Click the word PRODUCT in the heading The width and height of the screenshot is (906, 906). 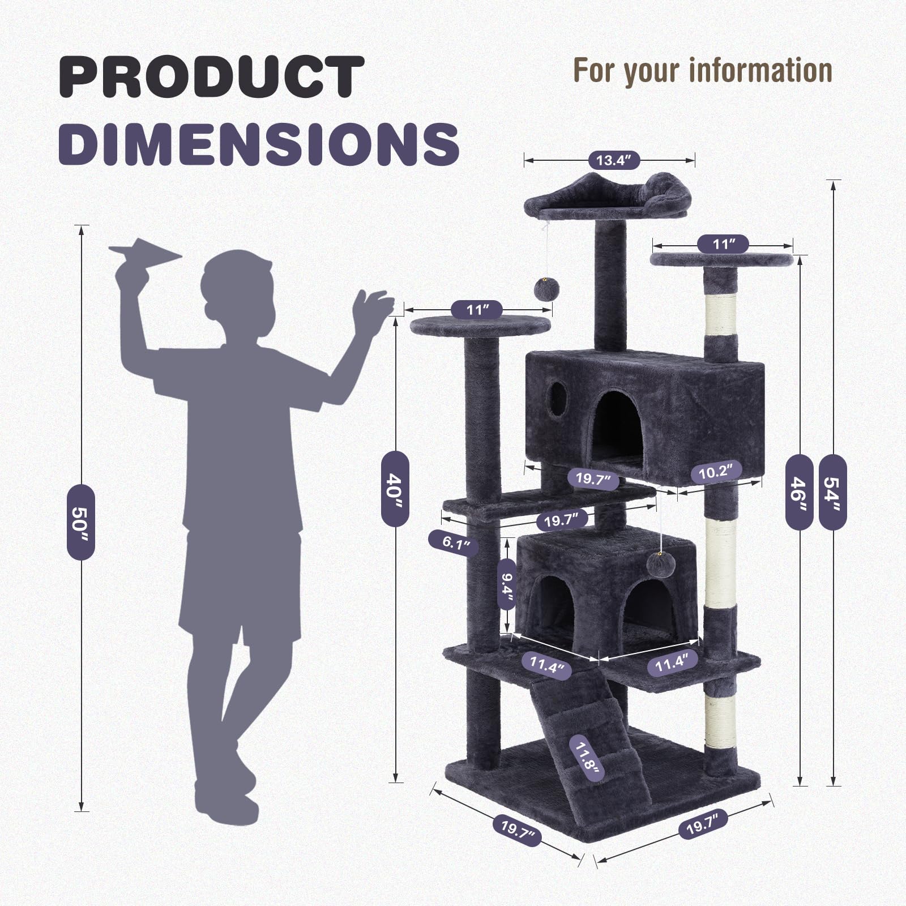pos(211,77)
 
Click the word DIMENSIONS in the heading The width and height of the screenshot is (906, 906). pos(259,143)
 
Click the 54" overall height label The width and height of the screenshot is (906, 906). pos(832,493)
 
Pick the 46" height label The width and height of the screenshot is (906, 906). pos(799,492)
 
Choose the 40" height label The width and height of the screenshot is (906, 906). pos(395,488)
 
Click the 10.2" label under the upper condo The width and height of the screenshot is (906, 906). pos(716,472)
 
